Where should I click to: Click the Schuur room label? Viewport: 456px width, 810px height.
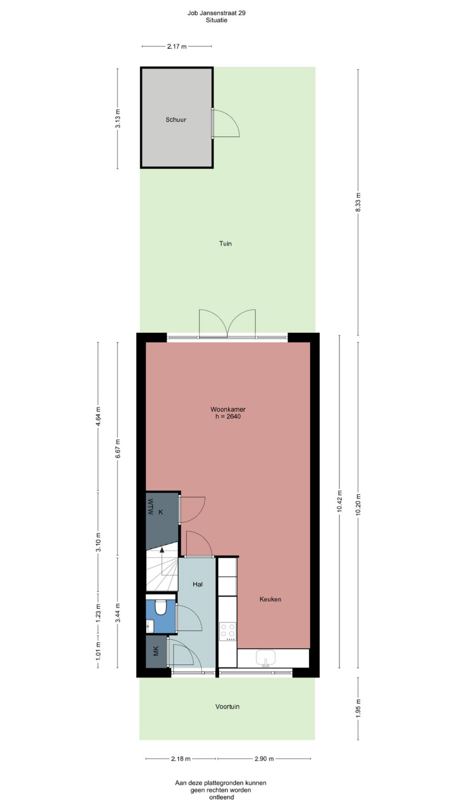click(176, 120)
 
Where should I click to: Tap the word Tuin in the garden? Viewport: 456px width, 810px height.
click(225, 243)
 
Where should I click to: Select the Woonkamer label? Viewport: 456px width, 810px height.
click(228, 409)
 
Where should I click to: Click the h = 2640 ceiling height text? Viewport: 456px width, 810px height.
click(228, 417)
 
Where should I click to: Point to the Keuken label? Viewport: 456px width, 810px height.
click(270, 599)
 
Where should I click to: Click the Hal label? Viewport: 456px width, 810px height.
click(198, 584)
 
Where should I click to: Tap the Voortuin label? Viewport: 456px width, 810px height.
click(228, 706)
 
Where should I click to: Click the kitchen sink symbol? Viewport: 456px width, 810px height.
click(266, 658)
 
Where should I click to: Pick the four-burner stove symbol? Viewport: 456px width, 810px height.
click(228, 632)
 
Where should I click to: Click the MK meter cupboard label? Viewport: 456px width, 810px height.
click(156, 651)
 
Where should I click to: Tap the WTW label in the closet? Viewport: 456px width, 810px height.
click(151, 507)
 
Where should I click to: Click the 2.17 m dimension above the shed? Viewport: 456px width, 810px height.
click(177, 46)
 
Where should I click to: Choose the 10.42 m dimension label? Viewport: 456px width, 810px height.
click(339, 502)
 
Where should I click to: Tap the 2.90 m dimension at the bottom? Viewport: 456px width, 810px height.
click(264, 758)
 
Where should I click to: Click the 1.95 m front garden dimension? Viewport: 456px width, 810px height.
click(358, 708)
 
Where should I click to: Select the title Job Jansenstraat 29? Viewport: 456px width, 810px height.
click(216, 13)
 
